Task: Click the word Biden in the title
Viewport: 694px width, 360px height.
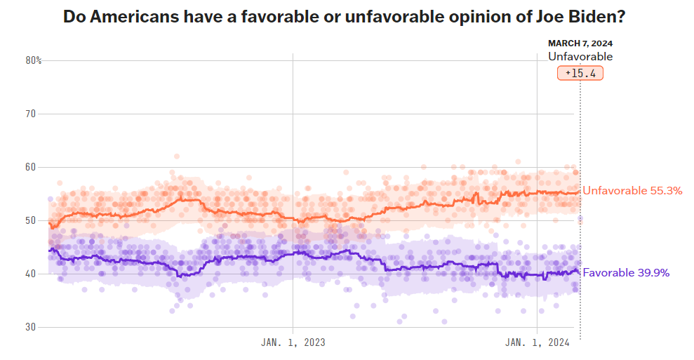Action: click(x=592, y=17)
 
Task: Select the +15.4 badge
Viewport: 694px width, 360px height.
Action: click(x=580, y=73)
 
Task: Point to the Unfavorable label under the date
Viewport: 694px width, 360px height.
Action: click(x=580, y=57)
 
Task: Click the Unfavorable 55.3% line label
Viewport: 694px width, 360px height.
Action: click(x=632, y=190)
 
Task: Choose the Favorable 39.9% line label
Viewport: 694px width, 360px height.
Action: click(x=626, y=272)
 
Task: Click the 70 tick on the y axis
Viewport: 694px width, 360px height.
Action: click(x=32, y=114)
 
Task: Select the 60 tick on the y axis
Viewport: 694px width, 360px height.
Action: click(x=32, y=167)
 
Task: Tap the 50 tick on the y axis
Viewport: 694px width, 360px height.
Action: click(x=32, y=220)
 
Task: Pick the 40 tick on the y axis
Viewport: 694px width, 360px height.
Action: click(x=32, y=274)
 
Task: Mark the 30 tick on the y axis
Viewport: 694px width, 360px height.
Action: click(x=32, y=327)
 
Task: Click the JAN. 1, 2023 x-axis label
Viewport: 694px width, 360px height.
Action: click(x=293, y=342)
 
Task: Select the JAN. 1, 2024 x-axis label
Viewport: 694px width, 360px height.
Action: click(x=538, y=342)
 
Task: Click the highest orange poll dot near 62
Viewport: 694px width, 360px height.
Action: click(x=177, y=156)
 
